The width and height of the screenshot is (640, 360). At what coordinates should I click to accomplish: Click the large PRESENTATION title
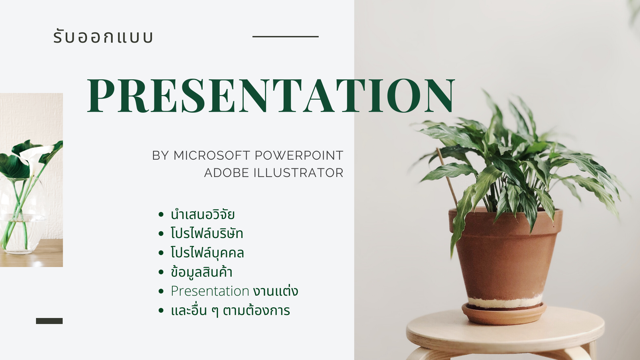click(x=271, y=95)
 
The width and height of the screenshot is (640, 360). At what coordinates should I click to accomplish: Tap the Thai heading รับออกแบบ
click(x=103, y=36)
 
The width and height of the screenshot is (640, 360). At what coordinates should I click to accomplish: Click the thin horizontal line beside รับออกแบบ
click(x=285, y=37)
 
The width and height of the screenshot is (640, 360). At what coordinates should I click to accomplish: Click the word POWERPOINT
click(x=299, y=155)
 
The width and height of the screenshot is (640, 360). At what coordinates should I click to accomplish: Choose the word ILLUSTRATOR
click(x=298, y=173)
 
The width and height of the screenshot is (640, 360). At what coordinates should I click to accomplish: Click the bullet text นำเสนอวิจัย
click(x=203, y=214)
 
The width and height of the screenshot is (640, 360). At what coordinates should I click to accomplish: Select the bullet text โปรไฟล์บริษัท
click(x=207, y=233)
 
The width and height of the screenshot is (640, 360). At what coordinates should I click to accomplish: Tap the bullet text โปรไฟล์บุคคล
click(x=207, y=252)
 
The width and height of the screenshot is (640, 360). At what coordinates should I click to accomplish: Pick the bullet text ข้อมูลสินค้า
click(x=201, y=272)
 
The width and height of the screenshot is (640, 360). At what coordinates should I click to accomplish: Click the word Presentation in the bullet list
click(x=210, y=291)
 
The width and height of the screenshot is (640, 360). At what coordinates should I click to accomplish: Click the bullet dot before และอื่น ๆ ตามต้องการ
click(x=161, y=310)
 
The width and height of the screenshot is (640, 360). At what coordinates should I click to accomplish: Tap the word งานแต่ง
click(x=276, y=291)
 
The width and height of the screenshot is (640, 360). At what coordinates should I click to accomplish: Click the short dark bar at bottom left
click(x=49, y=321)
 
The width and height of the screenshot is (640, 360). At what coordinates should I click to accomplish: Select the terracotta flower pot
click(x=505, y=257)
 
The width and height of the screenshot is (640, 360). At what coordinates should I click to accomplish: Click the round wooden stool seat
click(x=505, y=332)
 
